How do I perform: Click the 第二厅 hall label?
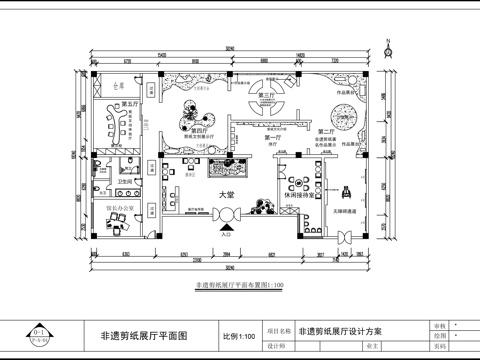[x=324, y=131]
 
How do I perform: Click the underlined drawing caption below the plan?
[x=240, y=286]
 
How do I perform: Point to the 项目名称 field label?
[x=280, y=329]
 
